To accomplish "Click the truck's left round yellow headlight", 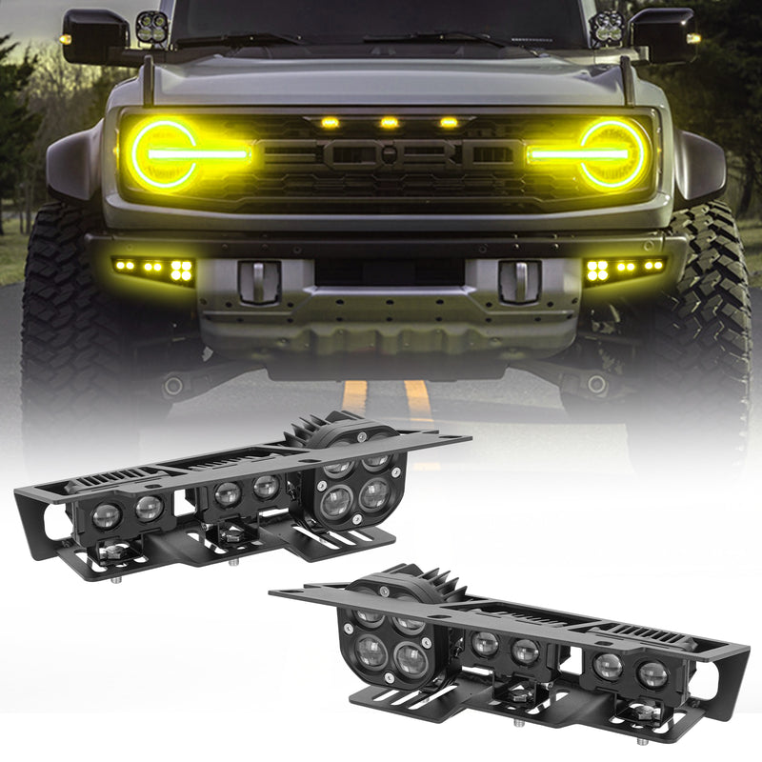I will pyautogui.click(x=164, y=153).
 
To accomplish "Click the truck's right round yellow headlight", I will pyautogui.click(x=612, y=152).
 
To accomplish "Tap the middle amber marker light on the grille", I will pyautogui.click(x=388, y=123).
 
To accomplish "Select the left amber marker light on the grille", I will pyautogui.click(x=329, y=123).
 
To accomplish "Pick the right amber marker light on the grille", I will pyautogui.click(x=448, y=123).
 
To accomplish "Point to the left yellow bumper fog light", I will pyautogui.click(x=154, y=270).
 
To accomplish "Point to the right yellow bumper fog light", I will pyautogui.click(x=624, y=269).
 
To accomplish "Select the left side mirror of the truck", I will pyautogui.click(x=94, y=35).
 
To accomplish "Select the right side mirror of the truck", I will pyautogui.click(x=664, y=35).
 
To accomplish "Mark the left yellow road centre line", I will pyautogui.click(x=354, y=394).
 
